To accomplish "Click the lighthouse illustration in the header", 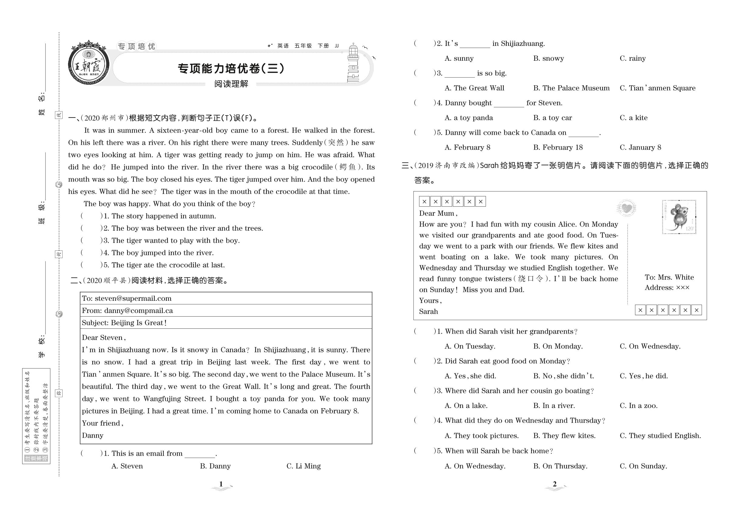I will tap(353, 63).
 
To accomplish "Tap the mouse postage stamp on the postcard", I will tap(679, 217).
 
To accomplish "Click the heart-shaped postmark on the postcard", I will tap(626, 208).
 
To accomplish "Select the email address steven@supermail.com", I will tap(133, 298).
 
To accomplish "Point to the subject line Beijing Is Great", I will tap(139, 323).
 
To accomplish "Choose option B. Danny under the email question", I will tap(215, 466).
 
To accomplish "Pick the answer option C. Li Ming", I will tap(303, 466).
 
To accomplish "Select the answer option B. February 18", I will tap(558, 148).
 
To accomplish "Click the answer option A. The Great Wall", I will tap(475, 88).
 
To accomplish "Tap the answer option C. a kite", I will tap(634, 118).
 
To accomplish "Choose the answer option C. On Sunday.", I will tap(643, 466).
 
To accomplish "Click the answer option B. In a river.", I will tap(554, 406).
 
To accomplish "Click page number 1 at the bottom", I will tap(221, 484).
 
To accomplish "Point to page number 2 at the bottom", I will tap(555, 484).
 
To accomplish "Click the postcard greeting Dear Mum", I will tap(438, 213).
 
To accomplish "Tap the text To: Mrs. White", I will tap(669, 277).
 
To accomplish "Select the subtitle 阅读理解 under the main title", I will tap(231, 84).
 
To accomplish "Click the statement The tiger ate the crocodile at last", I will tap(168, 265).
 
